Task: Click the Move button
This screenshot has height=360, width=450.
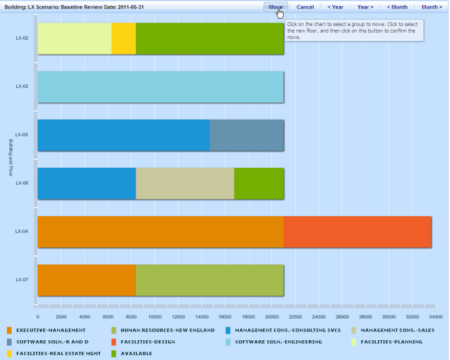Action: point(276,7)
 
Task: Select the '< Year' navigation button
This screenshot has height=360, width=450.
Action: point(335,7)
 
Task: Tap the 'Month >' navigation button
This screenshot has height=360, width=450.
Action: point(432,7)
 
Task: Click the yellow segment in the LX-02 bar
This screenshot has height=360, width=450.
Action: point(123,38)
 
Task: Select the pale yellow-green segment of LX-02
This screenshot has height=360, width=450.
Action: point(74,38)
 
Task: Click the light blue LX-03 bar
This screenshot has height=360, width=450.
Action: point(161,87)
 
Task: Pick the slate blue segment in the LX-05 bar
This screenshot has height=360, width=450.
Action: point(247,135)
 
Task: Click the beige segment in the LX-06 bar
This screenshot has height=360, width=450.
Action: point(185,183)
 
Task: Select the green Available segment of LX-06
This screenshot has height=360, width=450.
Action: point(258,183)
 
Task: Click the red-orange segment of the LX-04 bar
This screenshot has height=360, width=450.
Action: point(357,232)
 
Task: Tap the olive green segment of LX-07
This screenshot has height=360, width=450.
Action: point(210,280)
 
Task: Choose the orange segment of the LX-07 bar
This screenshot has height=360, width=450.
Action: point(87,280)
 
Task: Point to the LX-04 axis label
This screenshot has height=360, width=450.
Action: point(22,232)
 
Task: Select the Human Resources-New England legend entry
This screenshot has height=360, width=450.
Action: point(167,330)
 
